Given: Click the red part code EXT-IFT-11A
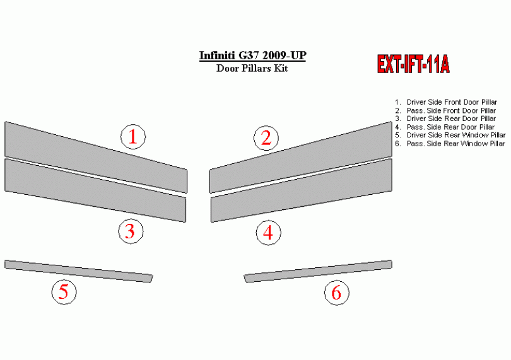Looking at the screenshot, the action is pos(413,64).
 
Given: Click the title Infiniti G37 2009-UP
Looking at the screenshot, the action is pos(252,55).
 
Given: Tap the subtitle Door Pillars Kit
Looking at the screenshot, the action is pos(252,69).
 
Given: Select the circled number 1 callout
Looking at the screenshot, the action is pos(133,137).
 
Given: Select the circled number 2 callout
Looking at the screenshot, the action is pos(266,138).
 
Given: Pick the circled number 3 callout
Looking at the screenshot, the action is pos(131,231).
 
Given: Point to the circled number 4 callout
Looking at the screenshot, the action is pos(268,233).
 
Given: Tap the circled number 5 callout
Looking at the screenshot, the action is pos(64,292).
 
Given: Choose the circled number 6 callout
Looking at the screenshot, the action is pos(337,293).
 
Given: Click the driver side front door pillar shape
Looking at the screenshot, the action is pos(96,157).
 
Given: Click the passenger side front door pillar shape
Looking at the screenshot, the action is pos(300,157).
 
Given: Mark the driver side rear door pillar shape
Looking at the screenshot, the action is pos(95,190).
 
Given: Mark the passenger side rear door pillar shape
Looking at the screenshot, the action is pos(301,190).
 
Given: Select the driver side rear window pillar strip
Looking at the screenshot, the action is pos(78,271).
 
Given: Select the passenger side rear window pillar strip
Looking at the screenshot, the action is pos(318,271).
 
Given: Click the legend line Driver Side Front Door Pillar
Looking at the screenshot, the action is pos(446,102).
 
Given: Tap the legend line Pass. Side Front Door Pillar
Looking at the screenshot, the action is pos(445,111).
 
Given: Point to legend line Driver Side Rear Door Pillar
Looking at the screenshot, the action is pos(445,119).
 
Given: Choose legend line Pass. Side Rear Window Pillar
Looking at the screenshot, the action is pos(450,144).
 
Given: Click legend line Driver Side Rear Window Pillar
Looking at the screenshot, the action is pos(450,135).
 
